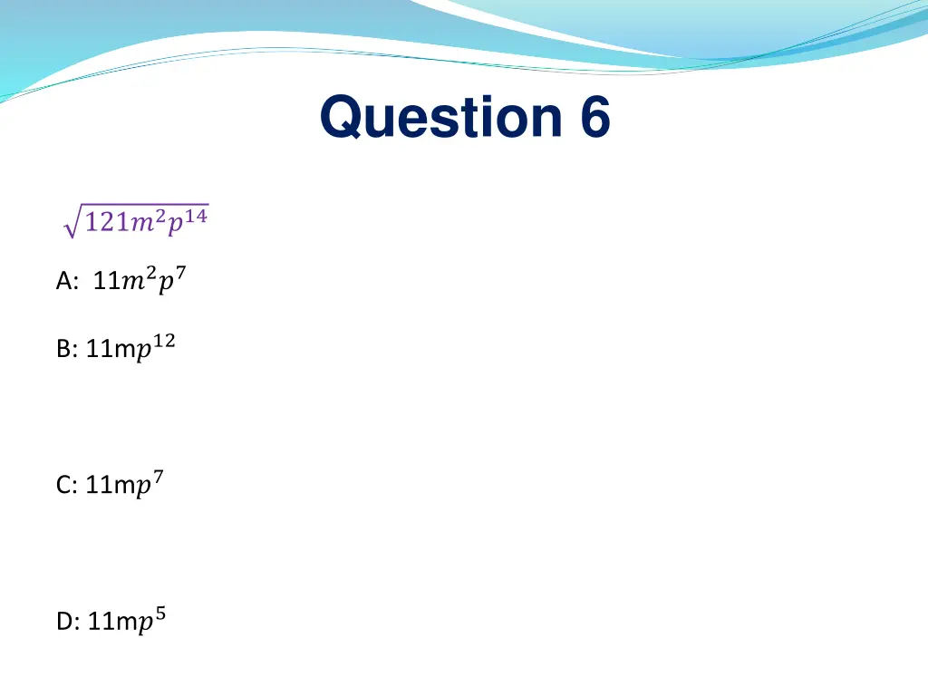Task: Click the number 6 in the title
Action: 591,119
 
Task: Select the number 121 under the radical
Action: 104,224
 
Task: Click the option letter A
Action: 65,283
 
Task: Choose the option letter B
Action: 64,350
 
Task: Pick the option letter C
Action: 65,487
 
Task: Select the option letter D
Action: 66,623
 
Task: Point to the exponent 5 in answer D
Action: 160,614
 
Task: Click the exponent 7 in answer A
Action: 180,275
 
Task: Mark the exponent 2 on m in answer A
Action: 151,275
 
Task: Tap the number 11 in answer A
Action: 106,283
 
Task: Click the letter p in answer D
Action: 146,624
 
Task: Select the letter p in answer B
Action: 144,353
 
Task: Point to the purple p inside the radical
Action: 176,227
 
